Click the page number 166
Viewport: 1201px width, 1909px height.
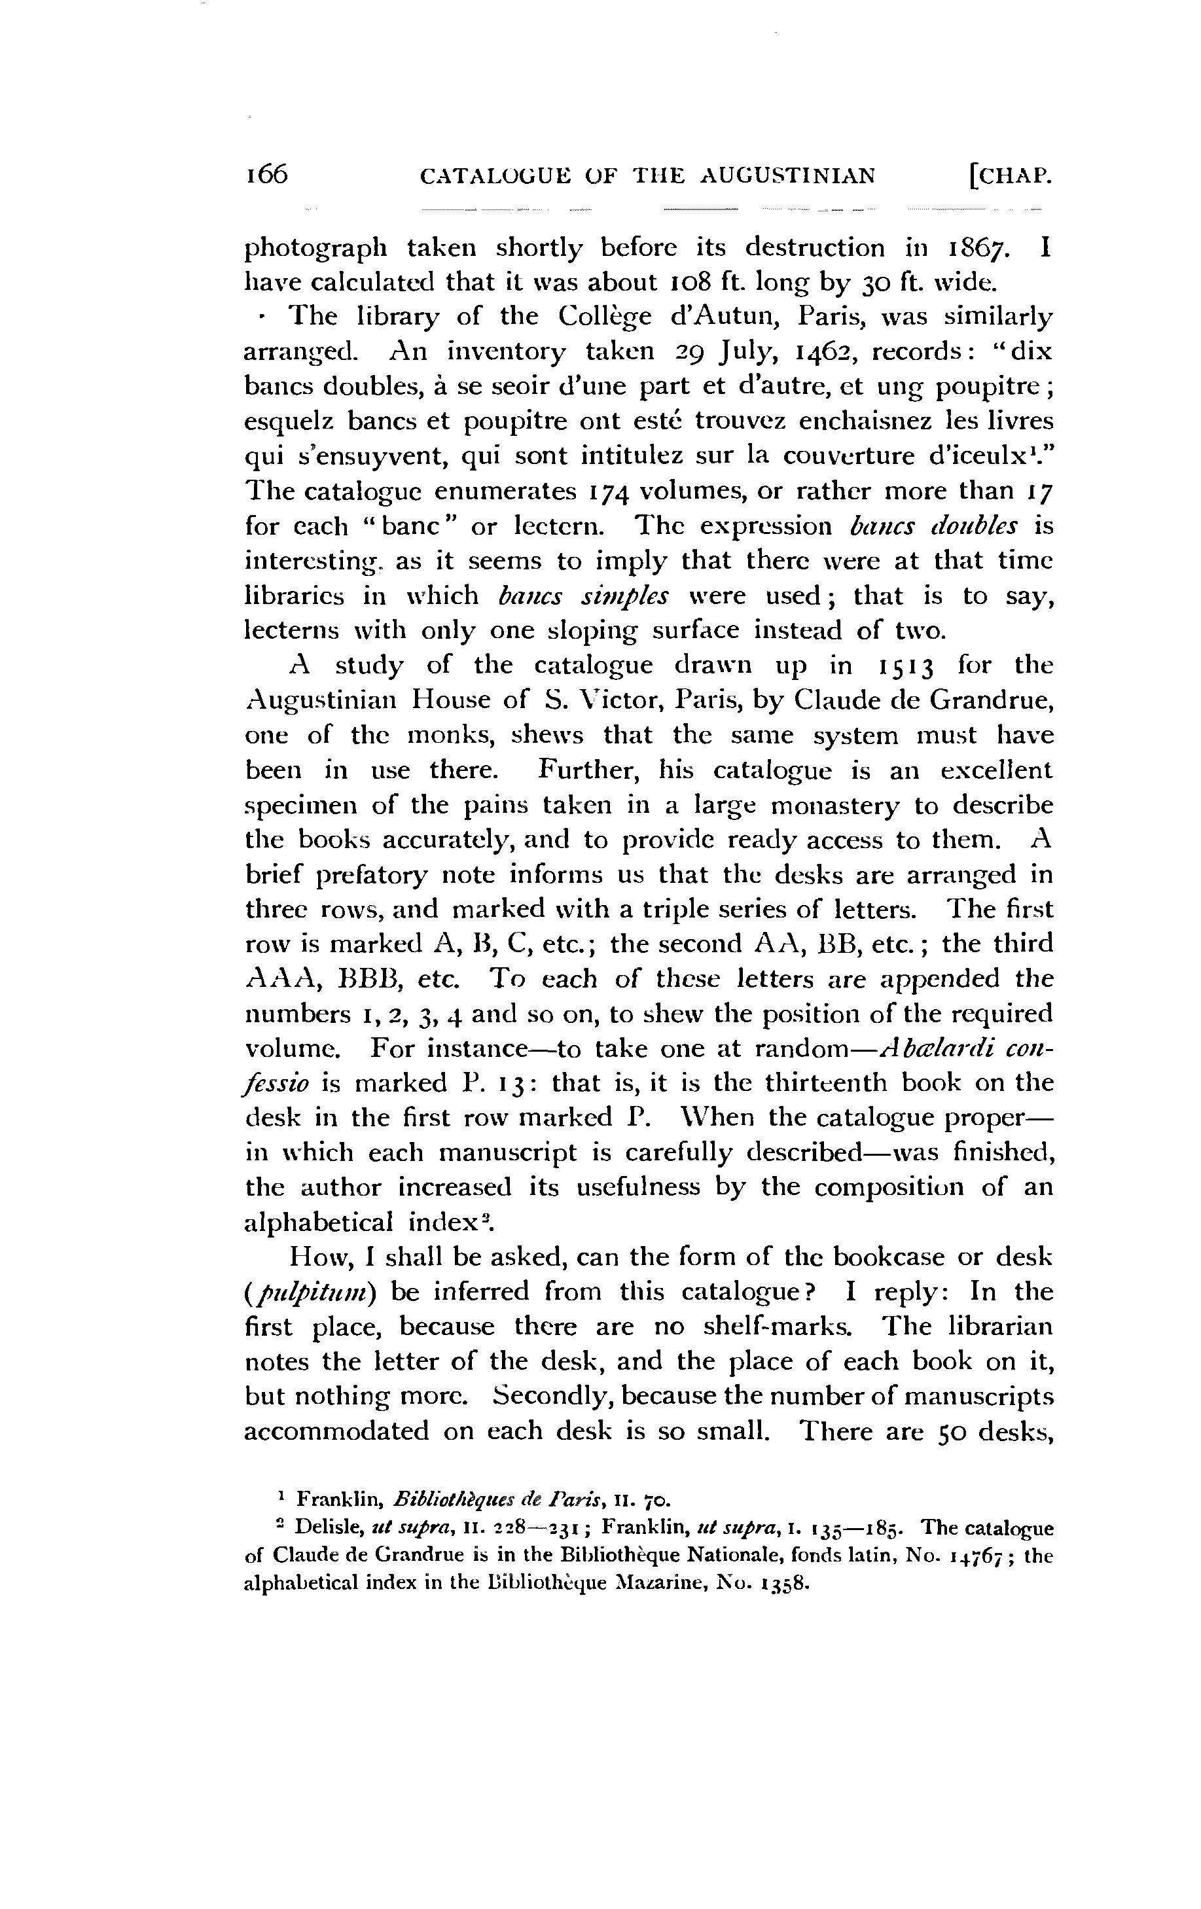pos(266,173)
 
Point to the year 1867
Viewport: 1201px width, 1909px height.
pos(977,248)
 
